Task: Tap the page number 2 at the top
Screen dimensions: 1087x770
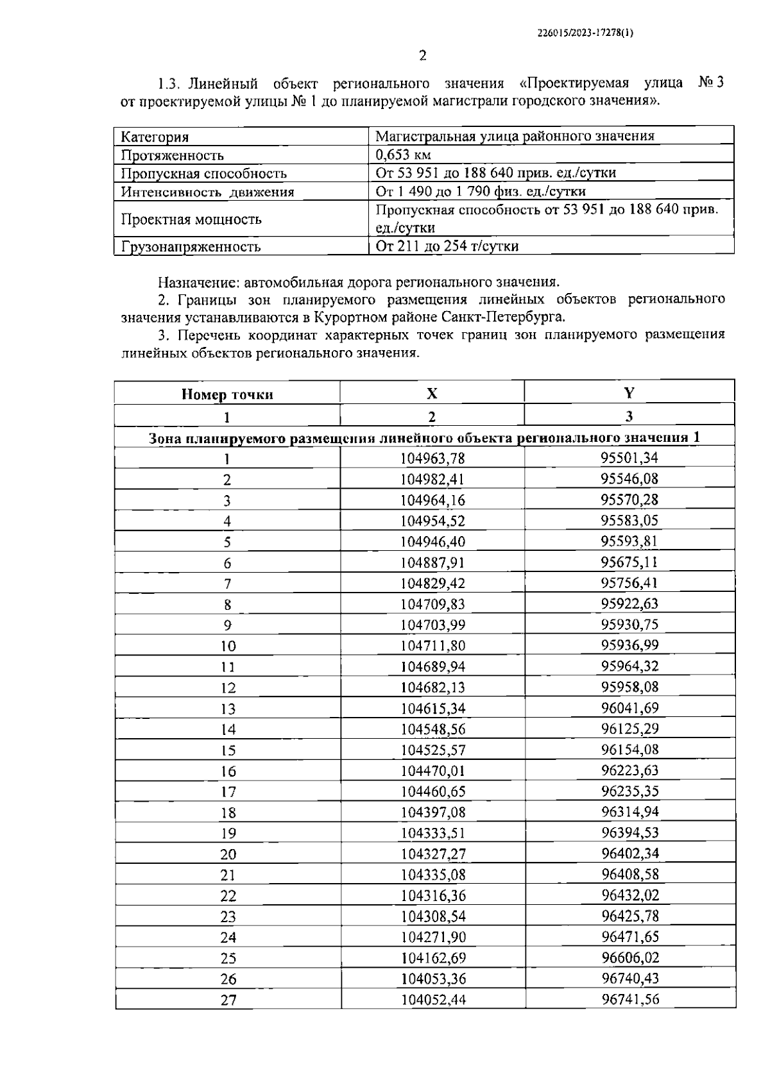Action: point(423,56)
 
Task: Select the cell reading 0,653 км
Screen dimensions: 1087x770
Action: point(404,155)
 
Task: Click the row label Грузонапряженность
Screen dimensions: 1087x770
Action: point(191,247)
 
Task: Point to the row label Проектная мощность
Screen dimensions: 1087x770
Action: point(191,219)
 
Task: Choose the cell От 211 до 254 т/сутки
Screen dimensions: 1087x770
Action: point(447,246)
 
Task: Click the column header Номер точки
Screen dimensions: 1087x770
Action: point(227,394)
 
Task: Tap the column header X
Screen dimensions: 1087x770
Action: point(432,394)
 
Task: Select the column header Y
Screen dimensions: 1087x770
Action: point(629,393)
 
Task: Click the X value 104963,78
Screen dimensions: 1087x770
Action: point(432,458)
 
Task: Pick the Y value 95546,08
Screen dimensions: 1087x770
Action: point(629,478)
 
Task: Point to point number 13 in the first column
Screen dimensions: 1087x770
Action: point(228,709)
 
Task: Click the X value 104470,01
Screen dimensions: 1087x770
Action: point(432,770)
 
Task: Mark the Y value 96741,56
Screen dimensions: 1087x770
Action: point(630,999)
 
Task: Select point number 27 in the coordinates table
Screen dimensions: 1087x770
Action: point(228,1000)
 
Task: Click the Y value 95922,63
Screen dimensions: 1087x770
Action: point(629,603)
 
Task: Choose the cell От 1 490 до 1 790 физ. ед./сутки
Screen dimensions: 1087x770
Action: point(481,191)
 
